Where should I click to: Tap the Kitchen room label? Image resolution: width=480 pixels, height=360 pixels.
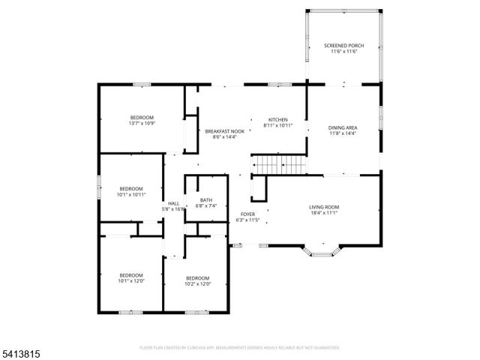click(x=278, y=120)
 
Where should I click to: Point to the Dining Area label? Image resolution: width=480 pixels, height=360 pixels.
click(x=342, y=127)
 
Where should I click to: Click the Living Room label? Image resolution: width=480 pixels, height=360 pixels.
click(x=324, y=207)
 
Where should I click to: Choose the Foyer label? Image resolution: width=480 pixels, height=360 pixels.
click(x=247, y=214)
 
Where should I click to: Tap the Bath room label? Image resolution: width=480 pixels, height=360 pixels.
click(x=205, y=199)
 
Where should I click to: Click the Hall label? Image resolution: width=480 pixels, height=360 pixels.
click(x=173, y=203)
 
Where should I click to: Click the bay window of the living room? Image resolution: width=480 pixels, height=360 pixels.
click(x=321, y=252)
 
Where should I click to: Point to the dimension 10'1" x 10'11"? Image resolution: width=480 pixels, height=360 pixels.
click(x=131, y=194)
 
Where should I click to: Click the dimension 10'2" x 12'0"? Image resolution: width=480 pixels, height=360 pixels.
click(x=198, y=283)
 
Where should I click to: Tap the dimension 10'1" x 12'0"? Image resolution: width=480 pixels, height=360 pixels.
click(x=130, y=281)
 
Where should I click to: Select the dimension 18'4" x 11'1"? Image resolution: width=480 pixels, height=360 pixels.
click(x=324, y=213)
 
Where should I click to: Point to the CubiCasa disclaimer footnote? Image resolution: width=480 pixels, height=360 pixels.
click(x=240, y=348)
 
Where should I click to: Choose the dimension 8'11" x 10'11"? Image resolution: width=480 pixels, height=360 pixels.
click(x=278, y=126)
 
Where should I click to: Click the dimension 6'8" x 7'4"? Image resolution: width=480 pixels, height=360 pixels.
click(x=205, y=205)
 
